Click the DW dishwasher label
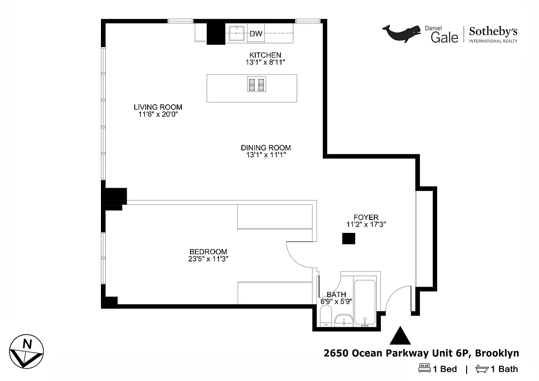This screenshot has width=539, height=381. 256,33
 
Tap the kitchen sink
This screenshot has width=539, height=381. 237,33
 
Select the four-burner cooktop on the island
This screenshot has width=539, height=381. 256,85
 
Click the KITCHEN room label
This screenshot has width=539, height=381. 265,55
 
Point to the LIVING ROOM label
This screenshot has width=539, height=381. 158,107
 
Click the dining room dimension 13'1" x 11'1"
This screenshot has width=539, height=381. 265,155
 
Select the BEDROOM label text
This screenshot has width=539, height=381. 208,252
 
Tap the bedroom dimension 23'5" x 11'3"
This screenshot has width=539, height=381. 208,259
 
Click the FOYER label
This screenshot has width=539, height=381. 366,218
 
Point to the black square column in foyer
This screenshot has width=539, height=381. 349,239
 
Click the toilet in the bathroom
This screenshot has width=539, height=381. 326,316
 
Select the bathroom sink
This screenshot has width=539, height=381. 344,321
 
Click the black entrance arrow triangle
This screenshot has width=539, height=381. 400,336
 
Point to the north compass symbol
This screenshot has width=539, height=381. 27,351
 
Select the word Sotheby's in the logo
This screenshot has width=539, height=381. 493,32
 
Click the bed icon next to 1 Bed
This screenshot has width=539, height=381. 424,369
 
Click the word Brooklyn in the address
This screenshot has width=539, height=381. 497,353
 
